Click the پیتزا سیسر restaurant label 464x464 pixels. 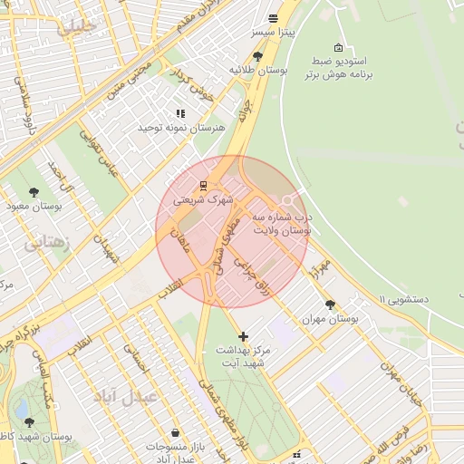click(273, 33)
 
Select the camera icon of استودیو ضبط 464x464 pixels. click(338, 48)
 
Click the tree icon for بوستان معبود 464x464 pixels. click(34, 192)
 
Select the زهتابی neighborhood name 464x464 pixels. click(44, 242)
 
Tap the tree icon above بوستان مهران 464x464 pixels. click(329, 305)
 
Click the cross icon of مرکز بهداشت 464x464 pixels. click(243, 337)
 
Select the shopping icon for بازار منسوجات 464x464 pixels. click(174, 431)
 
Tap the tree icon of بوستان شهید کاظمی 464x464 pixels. click(29, 422)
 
